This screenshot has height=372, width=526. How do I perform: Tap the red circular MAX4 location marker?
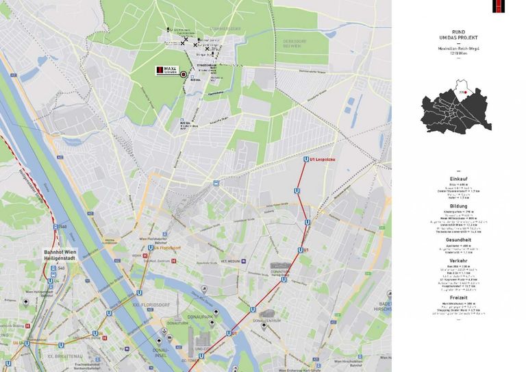pos(184,74)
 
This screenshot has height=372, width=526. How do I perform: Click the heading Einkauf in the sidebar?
pos(459,178)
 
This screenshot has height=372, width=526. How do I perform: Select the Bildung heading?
pos(459,206)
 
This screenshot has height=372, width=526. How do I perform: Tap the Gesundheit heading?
pos(459,240)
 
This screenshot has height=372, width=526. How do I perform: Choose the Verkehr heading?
pos(459,261)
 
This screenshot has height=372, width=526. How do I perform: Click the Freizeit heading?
pos(459,297)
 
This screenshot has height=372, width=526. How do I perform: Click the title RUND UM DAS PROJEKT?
pos(459,34)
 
